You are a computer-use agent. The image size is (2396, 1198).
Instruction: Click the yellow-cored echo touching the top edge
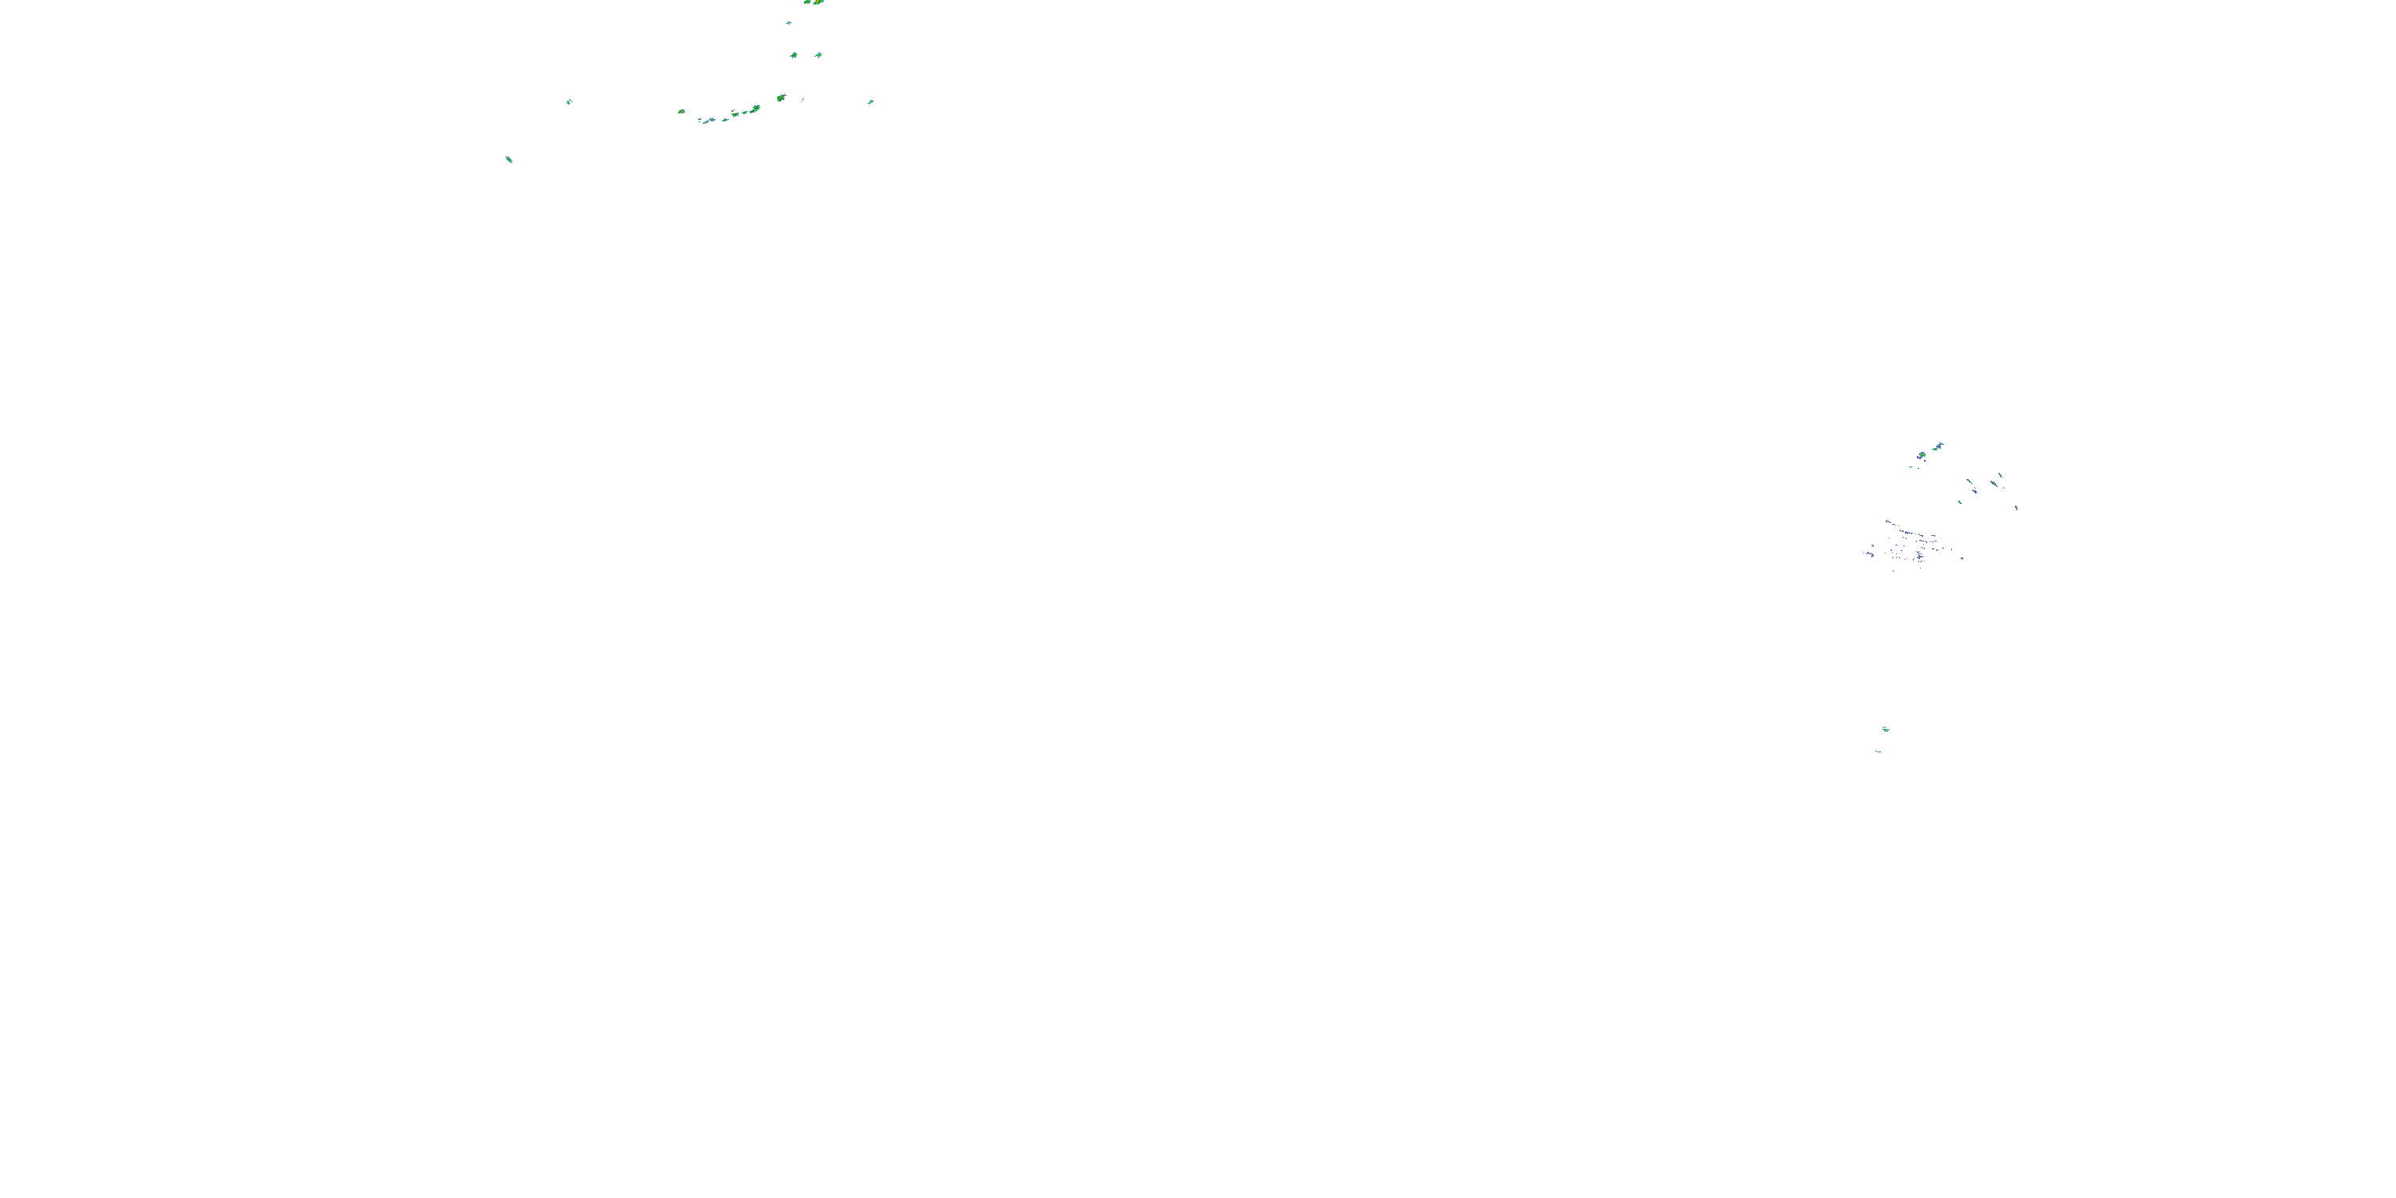tap(817, 2)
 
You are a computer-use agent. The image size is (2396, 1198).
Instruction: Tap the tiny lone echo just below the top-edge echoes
tap(789, 23)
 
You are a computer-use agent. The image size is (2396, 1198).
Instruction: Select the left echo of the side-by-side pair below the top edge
tap(793, 56)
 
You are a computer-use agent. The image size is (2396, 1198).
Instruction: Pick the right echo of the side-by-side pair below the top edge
tap(819, 56)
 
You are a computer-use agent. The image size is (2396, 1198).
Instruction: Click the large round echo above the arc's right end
tap(781, 97)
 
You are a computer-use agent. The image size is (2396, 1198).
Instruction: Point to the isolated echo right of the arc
tap(871, 101)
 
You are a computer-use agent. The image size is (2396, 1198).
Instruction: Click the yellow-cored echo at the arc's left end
tap(682, 112)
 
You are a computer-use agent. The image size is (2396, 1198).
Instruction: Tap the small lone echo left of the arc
tap(569, 101)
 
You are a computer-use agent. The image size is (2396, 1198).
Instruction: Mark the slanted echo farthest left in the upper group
tap(509, 160)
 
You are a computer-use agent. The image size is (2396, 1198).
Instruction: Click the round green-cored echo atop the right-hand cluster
tap(1922, 454)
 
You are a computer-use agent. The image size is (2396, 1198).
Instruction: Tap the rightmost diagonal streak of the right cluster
tap(2016, 507)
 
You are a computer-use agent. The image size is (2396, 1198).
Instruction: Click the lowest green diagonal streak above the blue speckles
tap(1960, 502)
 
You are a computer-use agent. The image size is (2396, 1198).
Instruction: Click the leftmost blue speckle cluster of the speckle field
tap(1870, 554)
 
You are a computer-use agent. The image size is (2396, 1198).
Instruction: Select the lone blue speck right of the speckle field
tap(1962, 558)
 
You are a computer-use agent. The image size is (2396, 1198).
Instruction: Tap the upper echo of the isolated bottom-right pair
tap(1886, 728)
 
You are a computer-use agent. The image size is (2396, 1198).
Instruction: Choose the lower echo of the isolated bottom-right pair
tap(1878, 751)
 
